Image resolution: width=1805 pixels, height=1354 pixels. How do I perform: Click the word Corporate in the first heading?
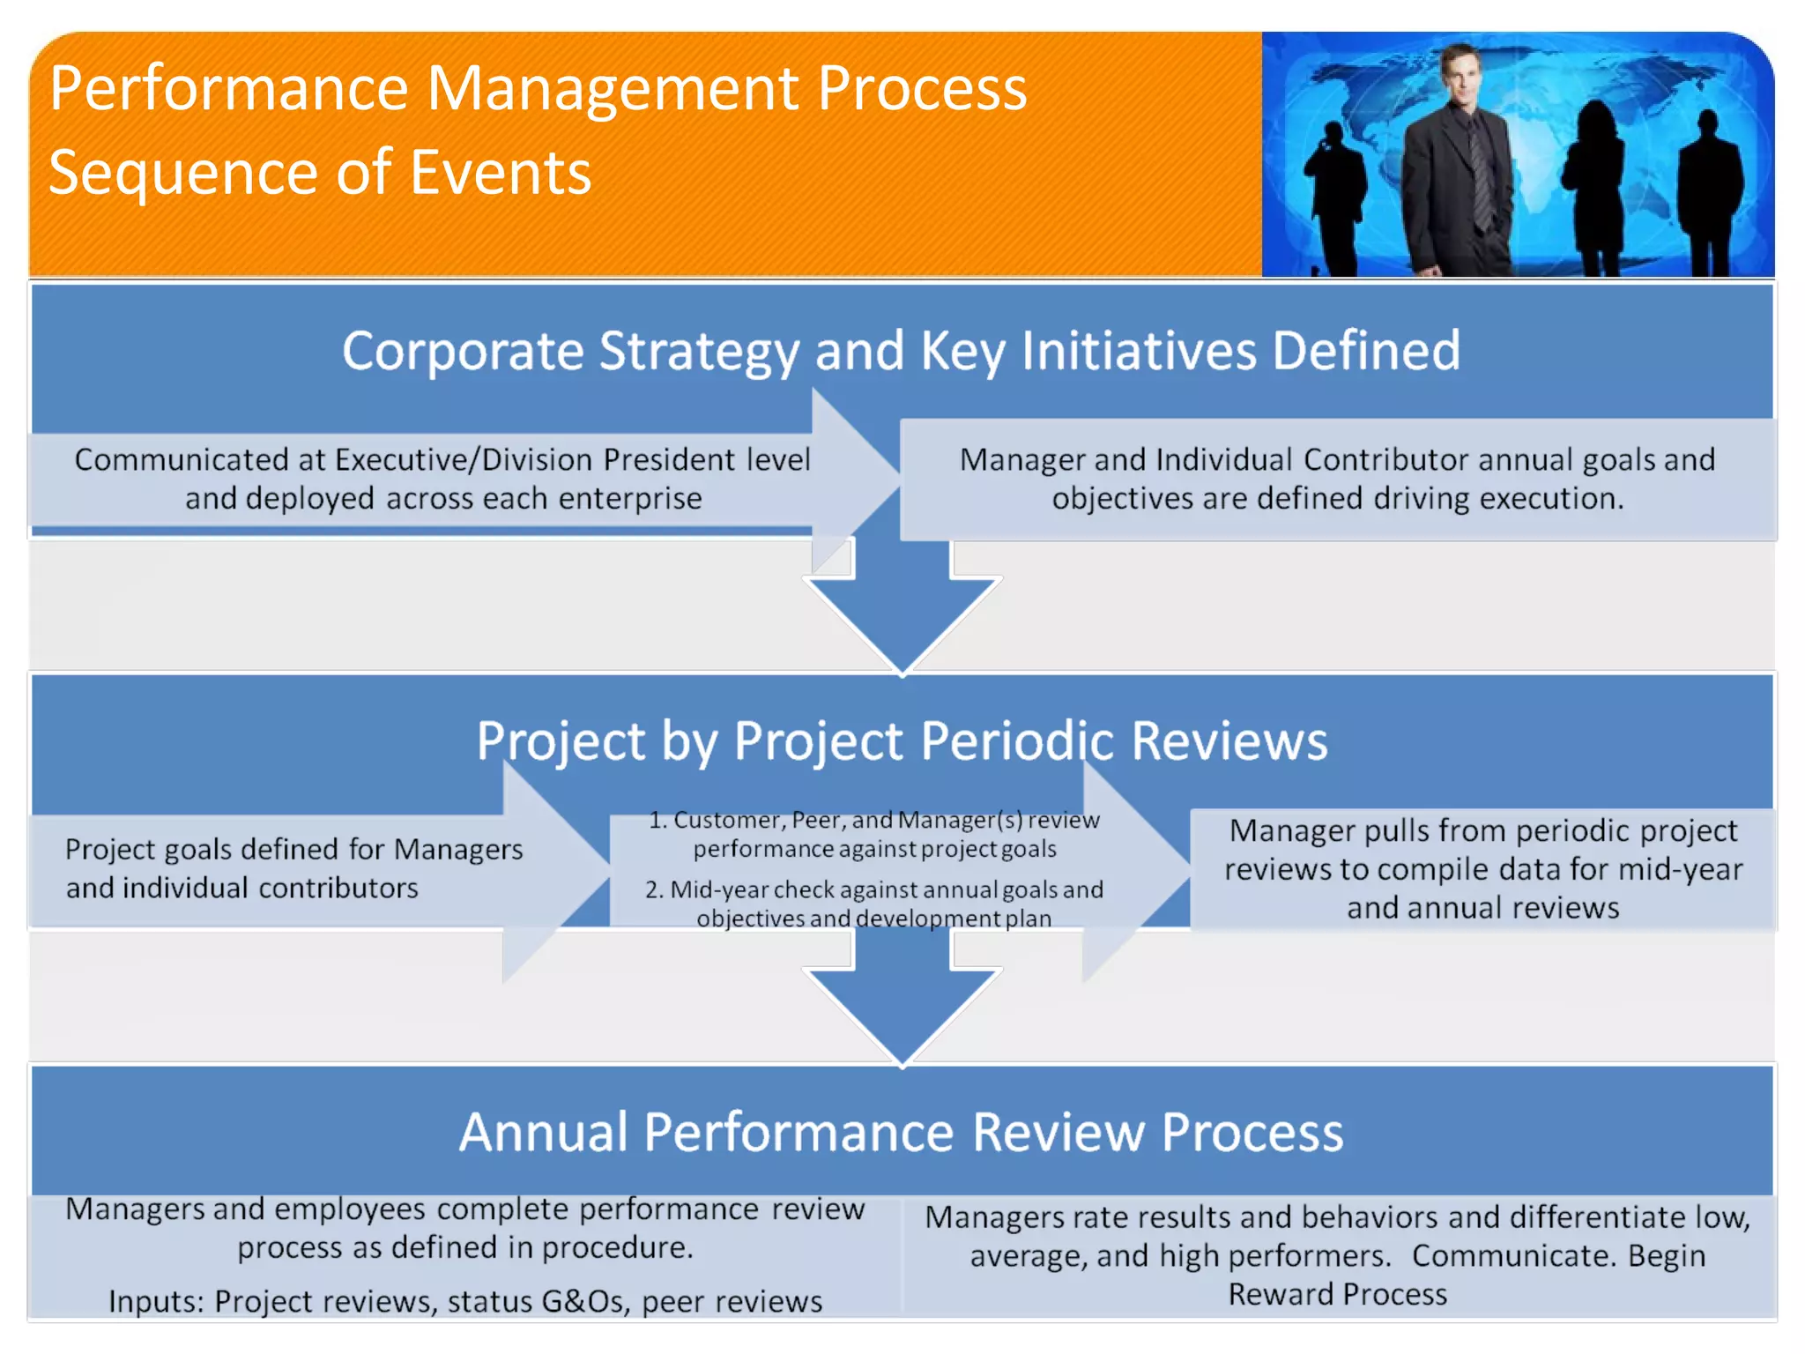tap(462, 351)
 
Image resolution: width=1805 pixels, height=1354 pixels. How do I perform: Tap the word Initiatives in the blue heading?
tap(1139, 351)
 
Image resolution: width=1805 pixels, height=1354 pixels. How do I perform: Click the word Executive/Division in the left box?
tap(463, 459)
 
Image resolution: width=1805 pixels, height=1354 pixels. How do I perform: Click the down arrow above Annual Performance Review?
tap(902, 1005)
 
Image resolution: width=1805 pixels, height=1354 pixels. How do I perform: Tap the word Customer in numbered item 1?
tap(728, 820)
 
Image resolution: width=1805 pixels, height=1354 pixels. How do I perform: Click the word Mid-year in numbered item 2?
tap(719, 889)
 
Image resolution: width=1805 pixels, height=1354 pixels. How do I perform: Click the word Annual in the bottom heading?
tap(544, 1132)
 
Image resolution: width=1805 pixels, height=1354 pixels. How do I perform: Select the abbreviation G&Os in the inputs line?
tap(583, 1301)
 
